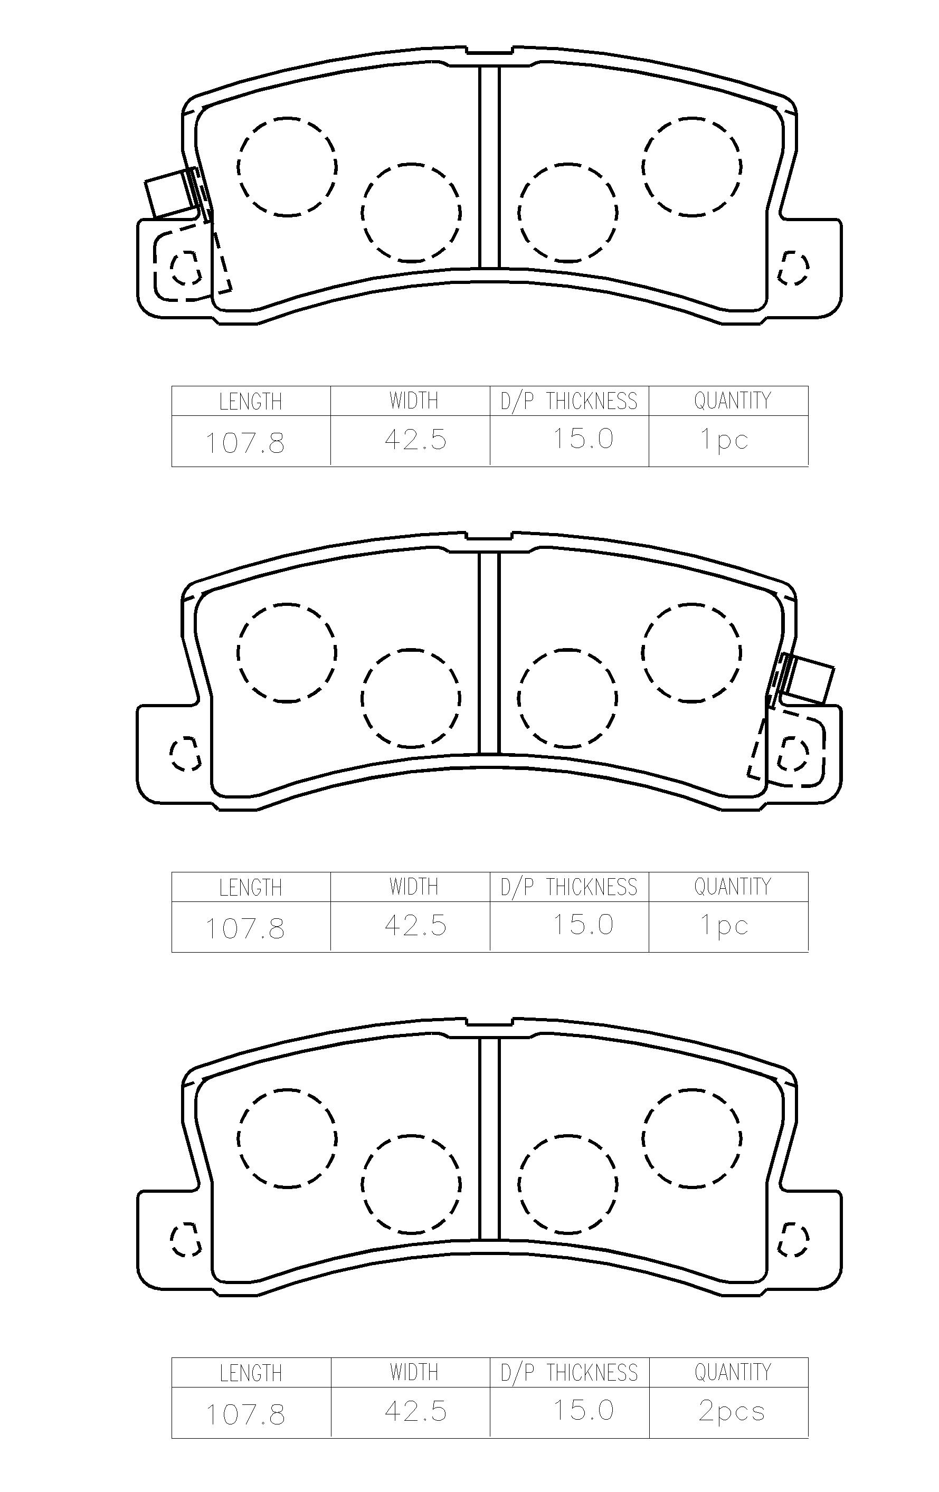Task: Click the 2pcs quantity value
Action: coord(732,1411)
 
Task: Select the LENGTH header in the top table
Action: coord(250,402)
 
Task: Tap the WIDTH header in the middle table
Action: coord(413,887)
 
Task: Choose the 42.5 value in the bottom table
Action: coord(415,1411)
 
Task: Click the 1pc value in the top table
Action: coord(724,439)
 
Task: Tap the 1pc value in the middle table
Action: coord(724,925)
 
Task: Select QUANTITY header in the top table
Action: coord(733,401)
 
